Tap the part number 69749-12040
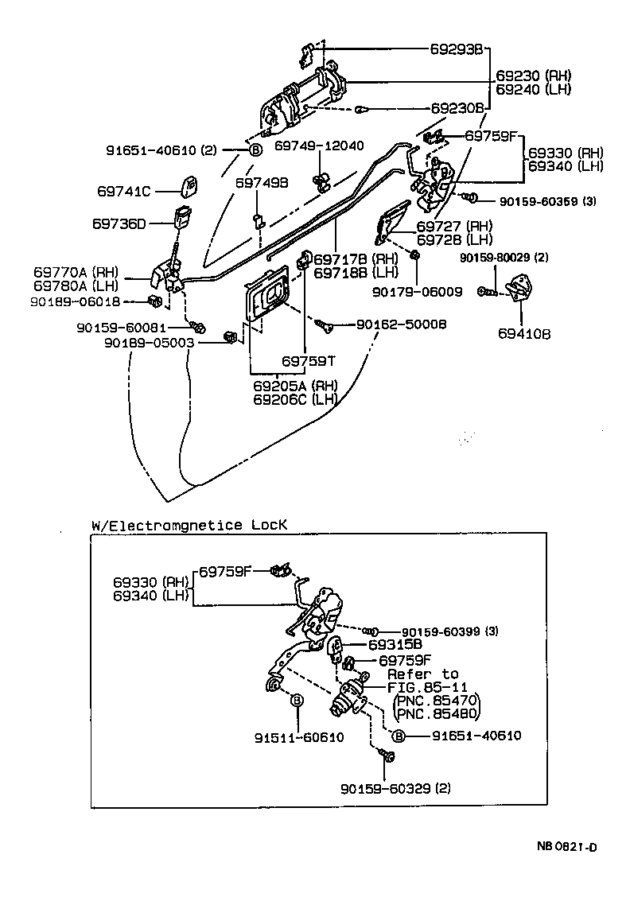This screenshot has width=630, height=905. coord(319,146)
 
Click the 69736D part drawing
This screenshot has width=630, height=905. coord(183,217)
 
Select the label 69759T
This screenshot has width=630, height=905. coord(309,360)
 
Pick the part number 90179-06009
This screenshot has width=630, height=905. coord(417,292)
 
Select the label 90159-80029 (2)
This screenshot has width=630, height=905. coord(504,258)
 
